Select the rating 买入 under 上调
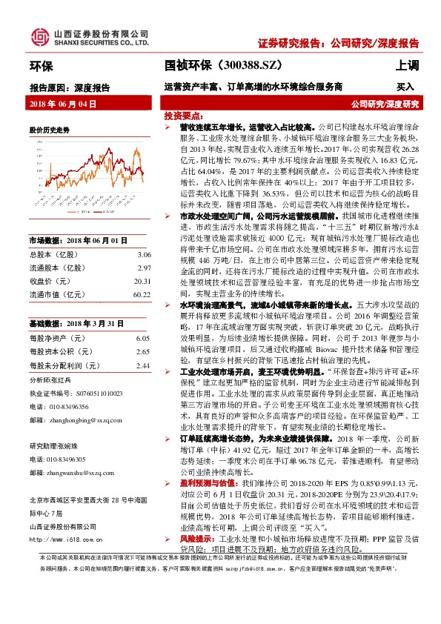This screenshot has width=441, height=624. pos(405,87)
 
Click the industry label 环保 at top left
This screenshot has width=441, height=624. pos(41,67)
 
